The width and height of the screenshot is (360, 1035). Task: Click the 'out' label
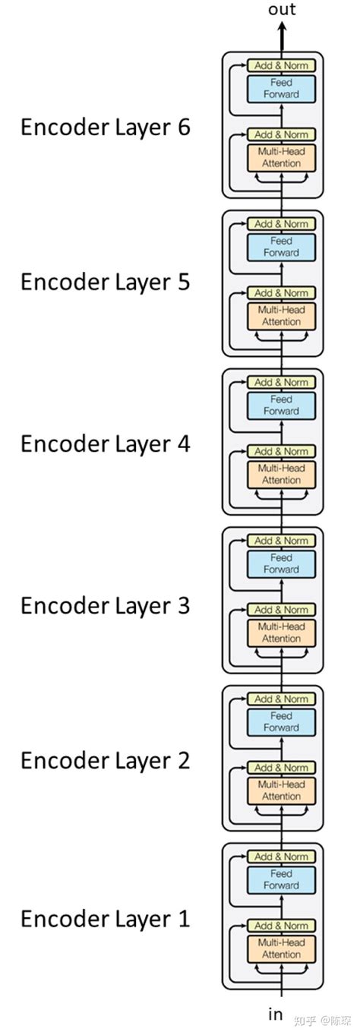[282, 10]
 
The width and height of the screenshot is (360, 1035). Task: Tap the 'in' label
[276, 1014]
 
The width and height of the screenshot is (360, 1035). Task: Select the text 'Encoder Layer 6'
[106, 127]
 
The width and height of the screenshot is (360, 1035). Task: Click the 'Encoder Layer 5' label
[106, 282]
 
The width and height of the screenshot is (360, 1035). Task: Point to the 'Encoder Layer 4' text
[106, 443]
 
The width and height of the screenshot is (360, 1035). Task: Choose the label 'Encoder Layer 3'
[106, 605]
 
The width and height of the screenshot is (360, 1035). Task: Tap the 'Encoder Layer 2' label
[106, 760]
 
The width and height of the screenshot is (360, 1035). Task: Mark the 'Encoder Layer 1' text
[106, 919]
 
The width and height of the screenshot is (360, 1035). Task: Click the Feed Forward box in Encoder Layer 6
[281, 88]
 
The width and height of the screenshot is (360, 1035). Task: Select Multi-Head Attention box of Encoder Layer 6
[281, 157]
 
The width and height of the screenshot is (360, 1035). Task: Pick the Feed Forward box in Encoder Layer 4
[281, 405]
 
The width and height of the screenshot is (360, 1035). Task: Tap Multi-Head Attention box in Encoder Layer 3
[281, 633]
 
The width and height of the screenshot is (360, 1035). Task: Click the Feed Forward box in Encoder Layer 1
[281, 879]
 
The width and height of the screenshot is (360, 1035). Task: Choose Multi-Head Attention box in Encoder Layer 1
[281, 948]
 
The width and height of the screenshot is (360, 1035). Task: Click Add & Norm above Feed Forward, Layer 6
[281, 65]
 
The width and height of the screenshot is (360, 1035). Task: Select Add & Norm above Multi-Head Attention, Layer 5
[281, 293]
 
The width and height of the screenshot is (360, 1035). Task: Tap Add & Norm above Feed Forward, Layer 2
[281, 699]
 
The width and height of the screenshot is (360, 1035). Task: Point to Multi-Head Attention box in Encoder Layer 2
[281, 790]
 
